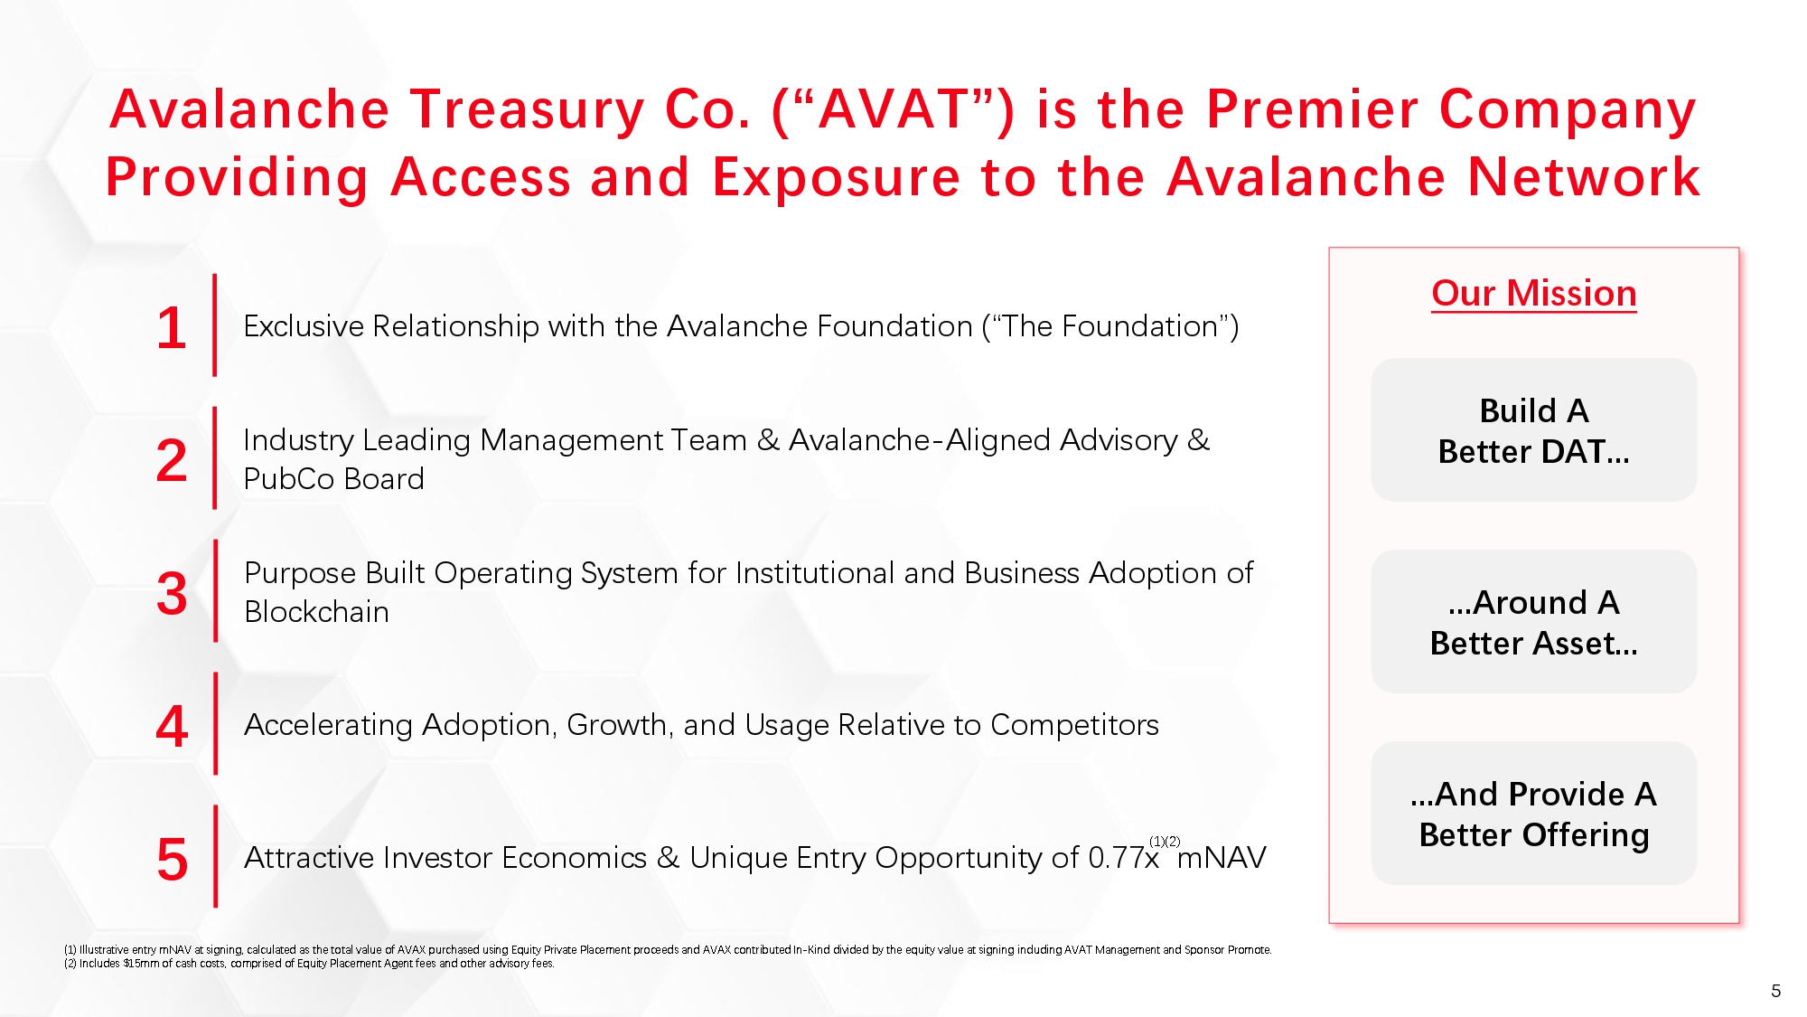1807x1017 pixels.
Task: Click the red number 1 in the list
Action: point(172,327)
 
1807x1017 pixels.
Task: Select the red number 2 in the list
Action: point(172,460)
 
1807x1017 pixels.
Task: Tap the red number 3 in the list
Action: point(172,594)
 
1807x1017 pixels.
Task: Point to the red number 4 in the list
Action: point(172,726)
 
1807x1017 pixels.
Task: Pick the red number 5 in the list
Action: point(172,859)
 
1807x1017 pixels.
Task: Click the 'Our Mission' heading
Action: point(1534,294)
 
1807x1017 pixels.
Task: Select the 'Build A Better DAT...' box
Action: point(1534,430)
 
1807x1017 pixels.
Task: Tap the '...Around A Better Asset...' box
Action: point(1534,622)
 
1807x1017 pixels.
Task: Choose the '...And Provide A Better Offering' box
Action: point(1534,814)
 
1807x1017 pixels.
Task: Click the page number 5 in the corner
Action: point(1775,991)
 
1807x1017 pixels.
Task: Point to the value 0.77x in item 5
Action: point(1124,858)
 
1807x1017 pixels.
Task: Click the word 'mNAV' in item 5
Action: point(1222,858)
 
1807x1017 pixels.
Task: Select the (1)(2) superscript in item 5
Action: point(1165,842)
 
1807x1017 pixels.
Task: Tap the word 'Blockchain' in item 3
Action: point(317,612)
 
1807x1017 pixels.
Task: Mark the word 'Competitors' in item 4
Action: point(1074,725)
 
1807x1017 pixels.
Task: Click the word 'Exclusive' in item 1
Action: point(304,326)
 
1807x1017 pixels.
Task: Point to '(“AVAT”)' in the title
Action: point(894,109)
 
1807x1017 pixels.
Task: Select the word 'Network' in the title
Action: point(1585,176)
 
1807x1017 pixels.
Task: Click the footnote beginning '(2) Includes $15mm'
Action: point(309,964)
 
